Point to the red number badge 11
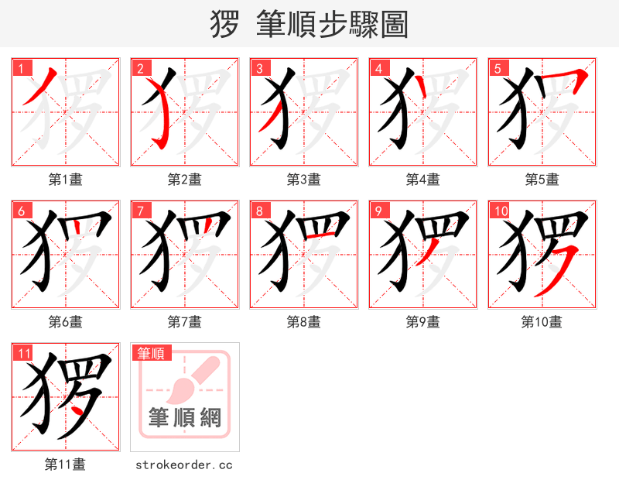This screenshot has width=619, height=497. pos(24,354)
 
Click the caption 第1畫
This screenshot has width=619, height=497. pos(66,180)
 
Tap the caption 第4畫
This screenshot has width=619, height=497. pos(423,180)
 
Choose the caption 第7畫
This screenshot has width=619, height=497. pos(185,322)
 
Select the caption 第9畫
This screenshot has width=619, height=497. pos(423,322)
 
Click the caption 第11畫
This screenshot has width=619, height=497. pos(66,464)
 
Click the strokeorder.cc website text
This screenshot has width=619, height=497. pos(184,464)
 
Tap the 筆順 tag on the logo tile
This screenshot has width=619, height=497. pos(150,353)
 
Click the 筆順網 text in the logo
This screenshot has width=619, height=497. pos(185,418)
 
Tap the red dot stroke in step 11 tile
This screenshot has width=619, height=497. pos(78,406)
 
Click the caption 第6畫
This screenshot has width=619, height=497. pos(66,322)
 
